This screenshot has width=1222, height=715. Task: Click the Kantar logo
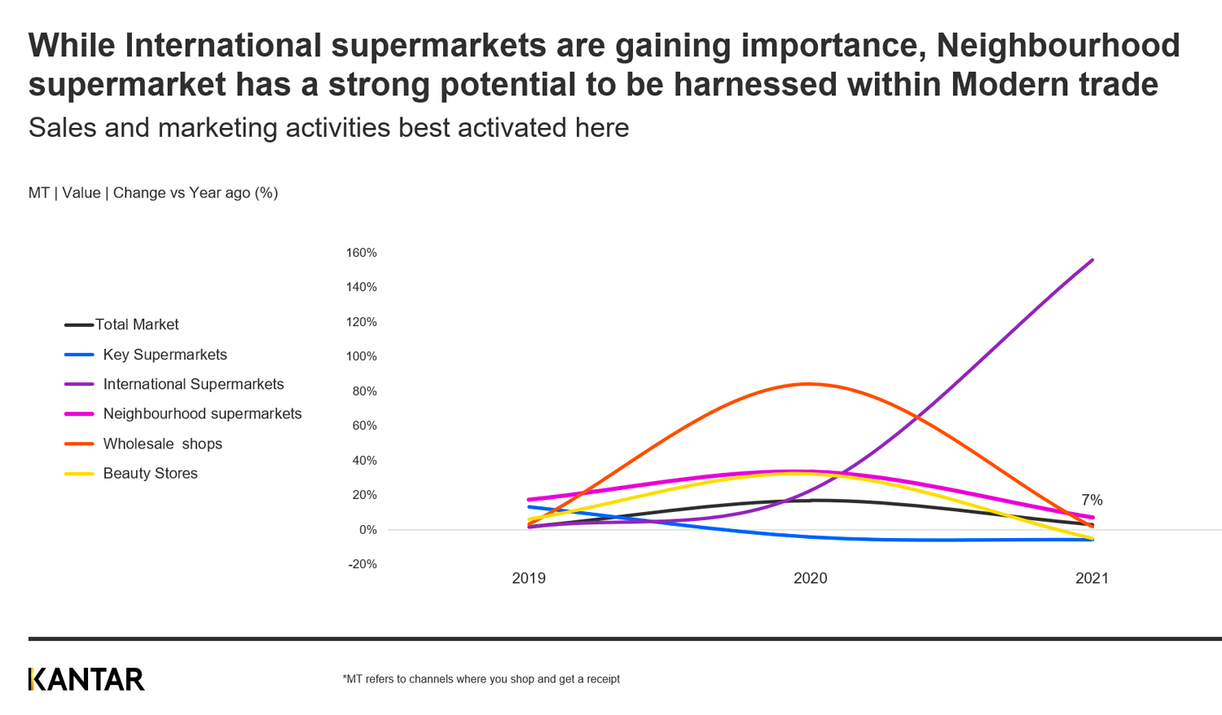86,679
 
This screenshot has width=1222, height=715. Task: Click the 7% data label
1092,500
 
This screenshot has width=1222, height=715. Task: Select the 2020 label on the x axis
810,578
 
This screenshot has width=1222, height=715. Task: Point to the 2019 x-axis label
529,578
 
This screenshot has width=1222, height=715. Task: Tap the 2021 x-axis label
1092,578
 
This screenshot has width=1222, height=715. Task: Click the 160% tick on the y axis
361,253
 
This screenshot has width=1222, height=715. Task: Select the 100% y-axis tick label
361,356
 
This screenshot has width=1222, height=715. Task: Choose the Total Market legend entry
136,324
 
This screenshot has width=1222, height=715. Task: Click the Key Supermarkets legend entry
165,355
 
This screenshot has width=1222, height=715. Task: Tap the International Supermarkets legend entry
193,384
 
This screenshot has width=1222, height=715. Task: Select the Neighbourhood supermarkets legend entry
202,413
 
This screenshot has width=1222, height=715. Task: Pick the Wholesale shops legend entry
162,444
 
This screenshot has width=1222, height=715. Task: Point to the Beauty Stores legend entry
150,473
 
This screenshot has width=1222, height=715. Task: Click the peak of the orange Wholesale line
807,384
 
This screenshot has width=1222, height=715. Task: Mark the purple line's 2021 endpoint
1092,260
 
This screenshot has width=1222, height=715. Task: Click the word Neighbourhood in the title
1057,46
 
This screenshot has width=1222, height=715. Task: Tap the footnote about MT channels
481,679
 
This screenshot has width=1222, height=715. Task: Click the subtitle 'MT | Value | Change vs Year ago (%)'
153,193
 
